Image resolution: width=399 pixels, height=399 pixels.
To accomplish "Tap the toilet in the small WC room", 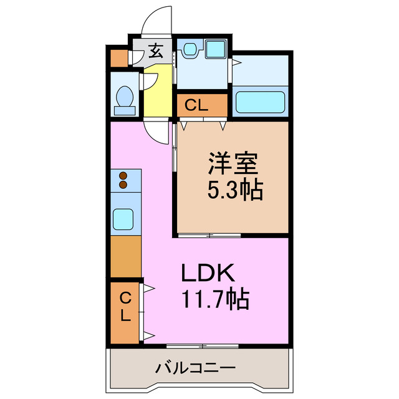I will click(125, 100).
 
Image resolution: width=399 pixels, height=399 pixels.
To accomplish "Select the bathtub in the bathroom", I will click(259, 101).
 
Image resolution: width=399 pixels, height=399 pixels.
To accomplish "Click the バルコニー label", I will click(195, 368).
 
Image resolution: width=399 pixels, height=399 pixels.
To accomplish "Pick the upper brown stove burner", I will click(123, 176).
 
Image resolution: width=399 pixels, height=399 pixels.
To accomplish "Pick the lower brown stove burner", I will click(123, 185).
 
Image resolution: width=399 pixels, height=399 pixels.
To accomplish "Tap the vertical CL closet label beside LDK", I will click(125, 305).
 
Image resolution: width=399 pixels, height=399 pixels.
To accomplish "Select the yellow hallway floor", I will click(158, 94).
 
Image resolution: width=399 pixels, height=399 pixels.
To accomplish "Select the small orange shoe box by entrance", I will click(118, 58).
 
